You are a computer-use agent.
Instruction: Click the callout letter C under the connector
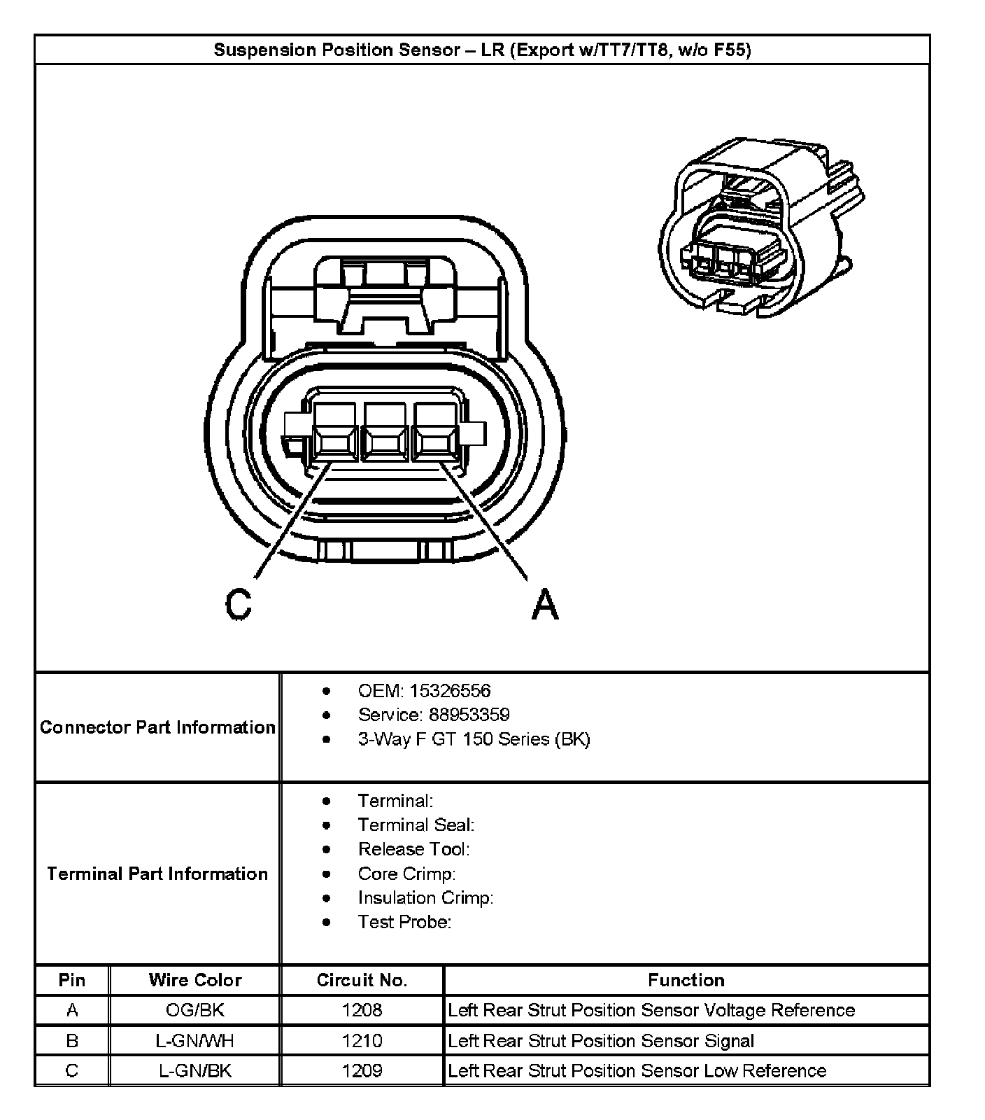click(239, 603)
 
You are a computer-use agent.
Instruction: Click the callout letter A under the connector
click(545, 603)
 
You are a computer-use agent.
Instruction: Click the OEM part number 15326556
click(450, 691)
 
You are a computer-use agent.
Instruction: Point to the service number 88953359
click(459, 715)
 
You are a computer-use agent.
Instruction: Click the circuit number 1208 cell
click(362, 1010)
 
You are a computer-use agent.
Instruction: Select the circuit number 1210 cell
click(362, 1041)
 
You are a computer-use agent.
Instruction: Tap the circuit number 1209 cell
click(362, 1071)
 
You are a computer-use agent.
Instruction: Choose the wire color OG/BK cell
click(195, 1010)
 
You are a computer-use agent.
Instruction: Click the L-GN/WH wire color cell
click(195, 1041)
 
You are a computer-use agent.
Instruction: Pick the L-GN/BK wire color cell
click(195, 1071)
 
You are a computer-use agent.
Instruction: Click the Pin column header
click(72, 980)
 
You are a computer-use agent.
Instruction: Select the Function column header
click(686, 980)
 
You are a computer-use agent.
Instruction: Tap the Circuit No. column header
click(362, 980)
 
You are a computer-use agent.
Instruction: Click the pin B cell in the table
click(72, 1041)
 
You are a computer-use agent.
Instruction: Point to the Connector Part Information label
click(157, 727)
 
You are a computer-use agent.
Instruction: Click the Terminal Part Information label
click(157, 874)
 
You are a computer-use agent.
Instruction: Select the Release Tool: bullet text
click(413, 849)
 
